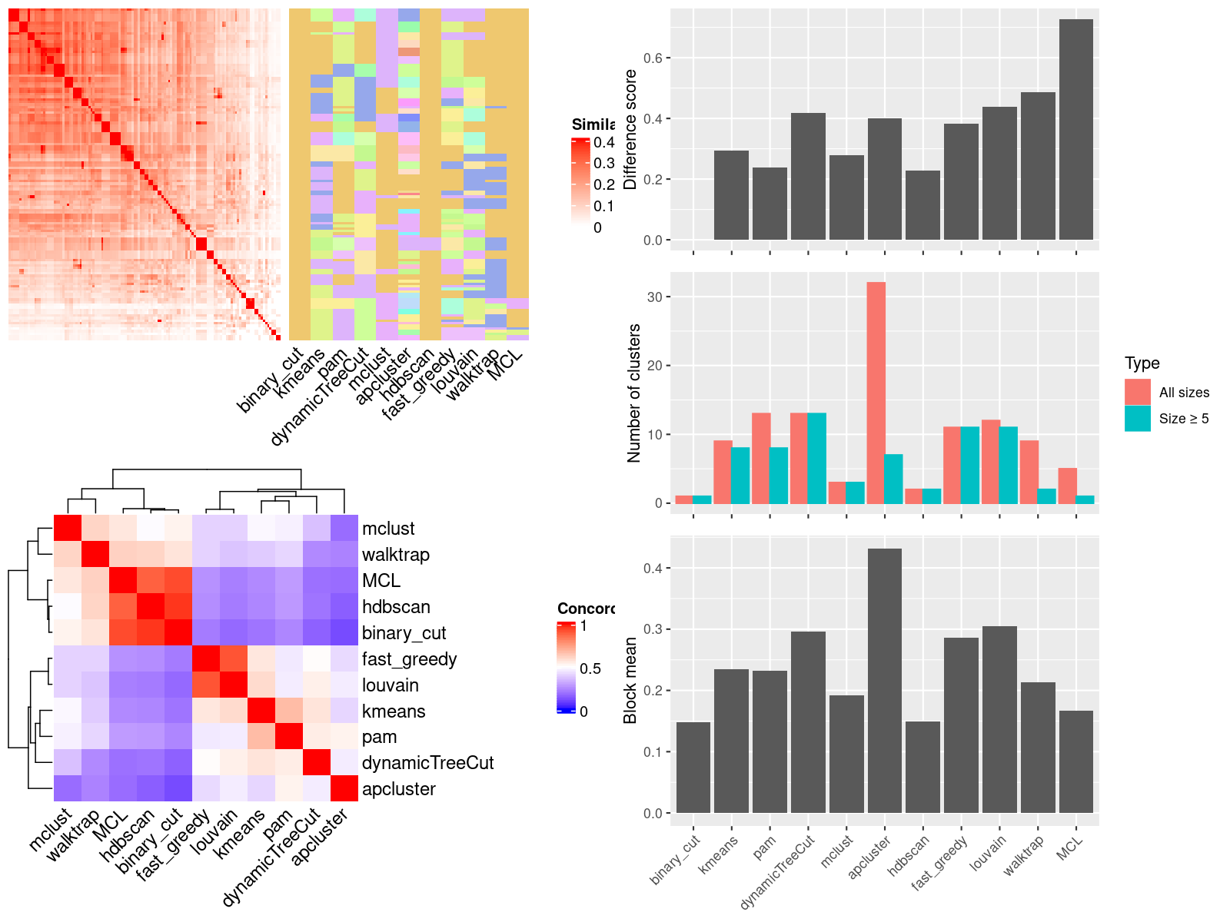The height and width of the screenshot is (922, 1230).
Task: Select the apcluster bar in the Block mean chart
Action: (x=884, y=680)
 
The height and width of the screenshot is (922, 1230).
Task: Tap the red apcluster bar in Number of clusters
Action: (x=876, y=393)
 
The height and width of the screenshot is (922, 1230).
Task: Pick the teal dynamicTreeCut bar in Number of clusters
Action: (x=816, y=458)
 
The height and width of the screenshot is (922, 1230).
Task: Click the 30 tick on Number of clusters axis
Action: (x=654, y=297)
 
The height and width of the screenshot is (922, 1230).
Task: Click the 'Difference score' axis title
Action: (x=630, y=129)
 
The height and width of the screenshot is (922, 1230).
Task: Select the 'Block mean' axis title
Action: (x=630, y=680)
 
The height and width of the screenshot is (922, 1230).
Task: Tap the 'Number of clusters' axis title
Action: (x=633, y=393)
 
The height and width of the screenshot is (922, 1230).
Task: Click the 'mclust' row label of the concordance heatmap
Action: (x=388, y=529)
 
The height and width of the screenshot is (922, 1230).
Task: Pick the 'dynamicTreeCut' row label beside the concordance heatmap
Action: (x=427, y=763)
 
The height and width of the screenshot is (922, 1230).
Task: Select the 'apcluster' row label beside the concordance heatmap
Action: (x=398, y=789)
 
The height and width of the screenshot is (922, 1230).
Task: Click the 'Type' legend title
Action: (x=1142, y=363)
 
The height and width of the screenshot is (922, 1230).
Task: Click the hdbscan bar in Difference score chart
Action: (x=922, y=205)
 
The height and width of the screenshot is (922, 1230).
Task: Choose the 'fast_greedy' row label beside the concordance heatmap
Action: (x=409, y=659)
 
